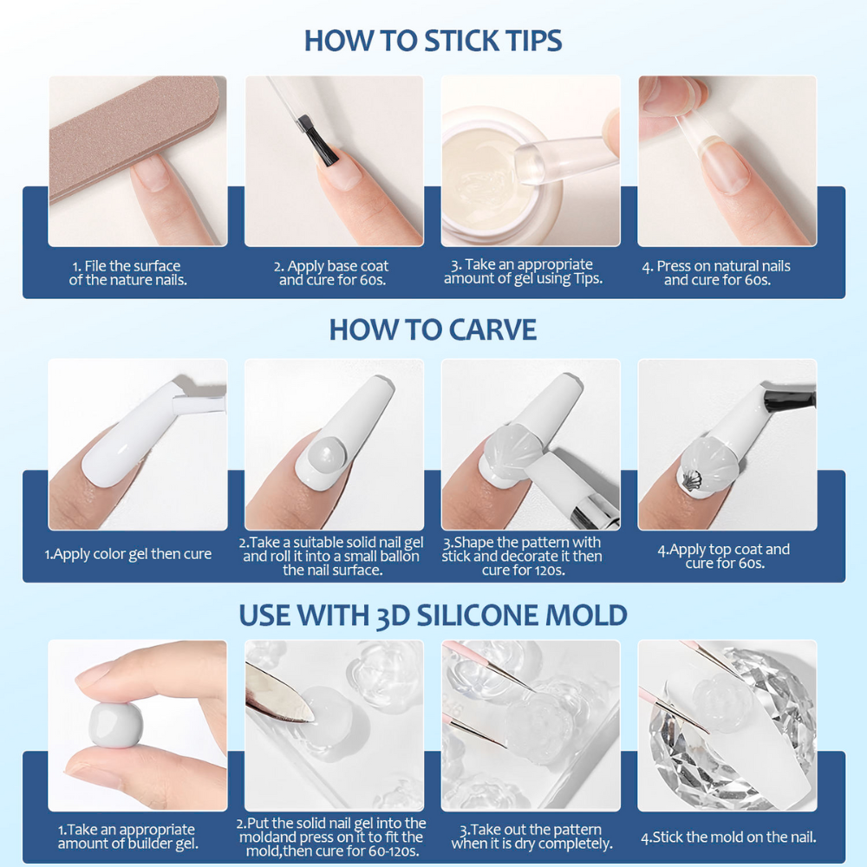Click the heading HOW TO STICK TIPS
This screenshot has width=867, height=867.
click(433, 41)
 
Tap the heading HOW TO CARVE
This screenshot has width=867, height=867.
click(433, 329)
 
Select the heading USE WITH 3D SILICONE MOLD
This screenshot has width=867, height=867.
click(433, 615)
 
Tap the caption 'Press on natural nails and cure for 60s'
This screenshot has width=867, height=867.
click(716, 273)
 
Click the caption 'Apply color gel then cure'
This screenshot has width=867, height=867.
click(128, 554)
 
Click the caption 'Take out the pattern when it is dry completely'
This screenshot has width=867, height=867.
click(531, 837)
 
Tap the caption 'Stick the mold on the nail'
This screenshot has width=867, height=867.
click(728, 838)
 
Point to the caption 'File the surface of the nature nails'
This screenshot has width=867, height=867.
click(128, 273)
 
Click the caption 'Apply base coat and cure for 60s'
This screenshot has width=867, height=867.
click(332, 273)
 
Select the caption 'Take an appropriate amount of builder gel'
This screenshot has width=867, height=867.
click(128, 837)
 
